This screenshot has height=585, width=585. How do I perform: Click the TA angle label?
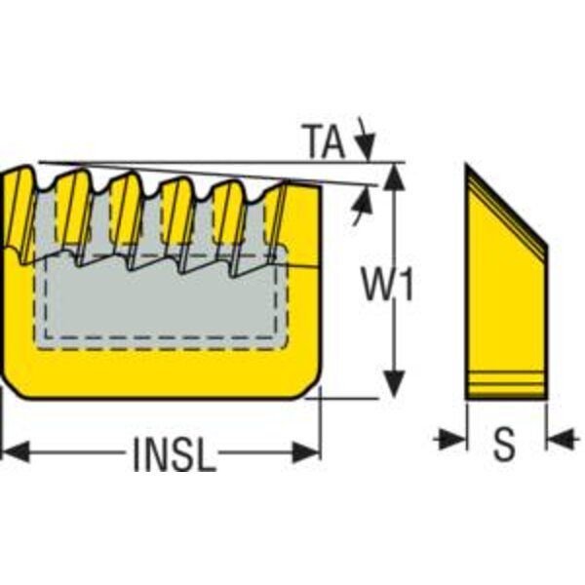(322, 141)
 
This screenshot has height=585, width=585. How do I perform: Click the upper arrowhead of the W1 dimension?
(394, 175)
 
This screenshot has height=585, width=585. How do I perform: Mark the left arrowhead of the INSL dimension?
(12, 450)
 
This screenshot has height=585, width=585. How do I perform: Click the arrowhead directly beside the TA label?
(365, 146)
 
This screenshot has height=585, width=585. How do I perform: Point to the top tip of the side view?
(467, 168)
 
